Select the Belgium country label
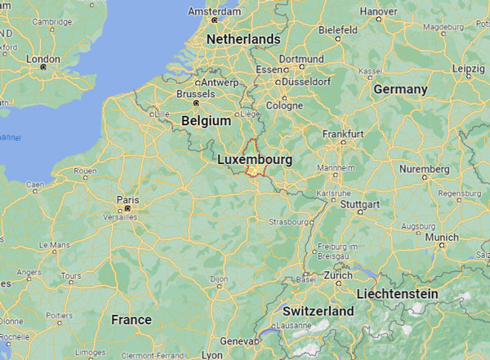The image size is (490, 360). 207,120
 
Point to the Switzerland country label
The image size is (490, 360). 318,311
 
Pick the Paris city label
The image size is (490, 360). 127,199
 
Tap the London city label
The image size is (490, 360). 43,59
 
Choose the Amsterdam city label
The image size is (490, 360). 214,11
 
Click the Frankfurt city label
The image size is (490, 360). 343,133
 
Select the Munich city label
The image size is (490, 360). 442,237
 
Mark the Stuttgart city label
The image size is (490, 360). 360,202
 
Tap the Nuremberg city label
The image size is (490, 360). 424,169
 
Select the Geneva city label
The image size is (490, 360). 239,340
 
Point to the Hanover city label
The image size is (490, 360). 378,11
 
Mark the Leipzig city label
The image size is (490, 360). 468,68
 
